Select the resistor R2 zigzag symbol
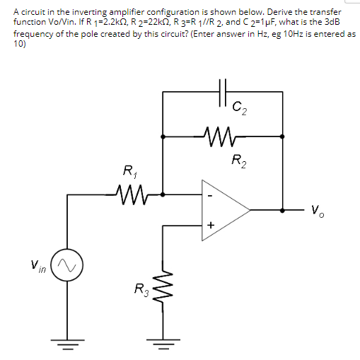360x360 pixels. [x=224, y=132]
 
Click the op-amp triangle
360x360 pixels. [x=223, y=209]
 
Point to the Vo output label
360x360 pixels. [x=316, y=210]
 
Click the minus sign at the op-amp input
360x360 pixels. [x=209, y=194]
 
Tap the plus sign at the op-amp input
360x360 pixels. [x=209, y=225]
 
